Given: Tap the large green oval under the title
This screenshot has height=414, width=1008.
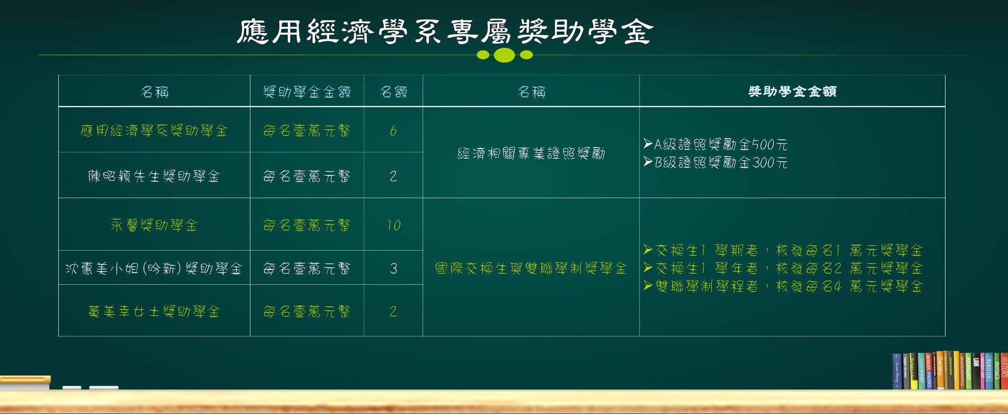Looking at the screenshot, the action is tap(505, 55).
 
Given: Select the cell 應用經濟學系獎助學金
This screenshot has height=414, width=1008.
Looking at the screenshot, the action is tap(154, 131).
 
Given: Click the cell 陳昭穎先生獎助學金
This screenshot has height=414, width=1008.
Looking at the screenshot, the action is tap(154, 176).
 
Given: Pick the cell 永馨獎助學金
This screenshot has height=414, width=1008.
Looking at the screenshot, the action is tap(154, 225).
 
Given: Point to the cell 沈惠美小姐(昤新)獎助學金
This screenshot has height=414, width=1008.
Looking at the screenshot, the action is tap(154, 268).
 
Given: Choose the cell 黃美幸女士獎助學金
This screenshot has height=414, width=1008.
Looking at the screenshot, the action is tap(154, 312).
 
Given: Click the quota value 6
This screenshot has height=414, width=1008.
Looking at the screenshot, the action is tap(393, 131).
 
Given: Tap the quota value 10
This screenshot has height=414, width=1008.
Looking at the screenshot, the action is tap(393, 225).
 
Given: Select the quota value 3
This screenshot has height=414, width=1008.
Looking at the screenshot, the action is tap(393, 268).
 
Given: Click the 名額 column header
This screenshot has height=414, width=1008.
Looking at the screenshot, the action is tap(393, 92).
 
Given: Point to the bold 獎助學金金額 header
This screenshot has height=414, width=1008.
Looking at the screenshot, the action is tap(792, 91).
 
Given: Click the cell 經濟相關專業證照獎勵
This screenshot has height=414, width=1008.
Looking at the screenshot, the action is tap(531, 153).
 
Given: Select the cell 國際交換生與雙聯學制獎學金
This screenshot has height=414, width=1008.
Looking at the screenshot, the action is tap(531, 268).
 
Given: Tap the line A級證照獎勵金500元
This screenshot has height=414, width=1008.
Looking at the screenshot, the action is tap(716, 144).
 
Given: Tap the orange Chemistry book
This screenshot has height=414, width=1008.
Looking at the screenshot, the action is tap(940, 370).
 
